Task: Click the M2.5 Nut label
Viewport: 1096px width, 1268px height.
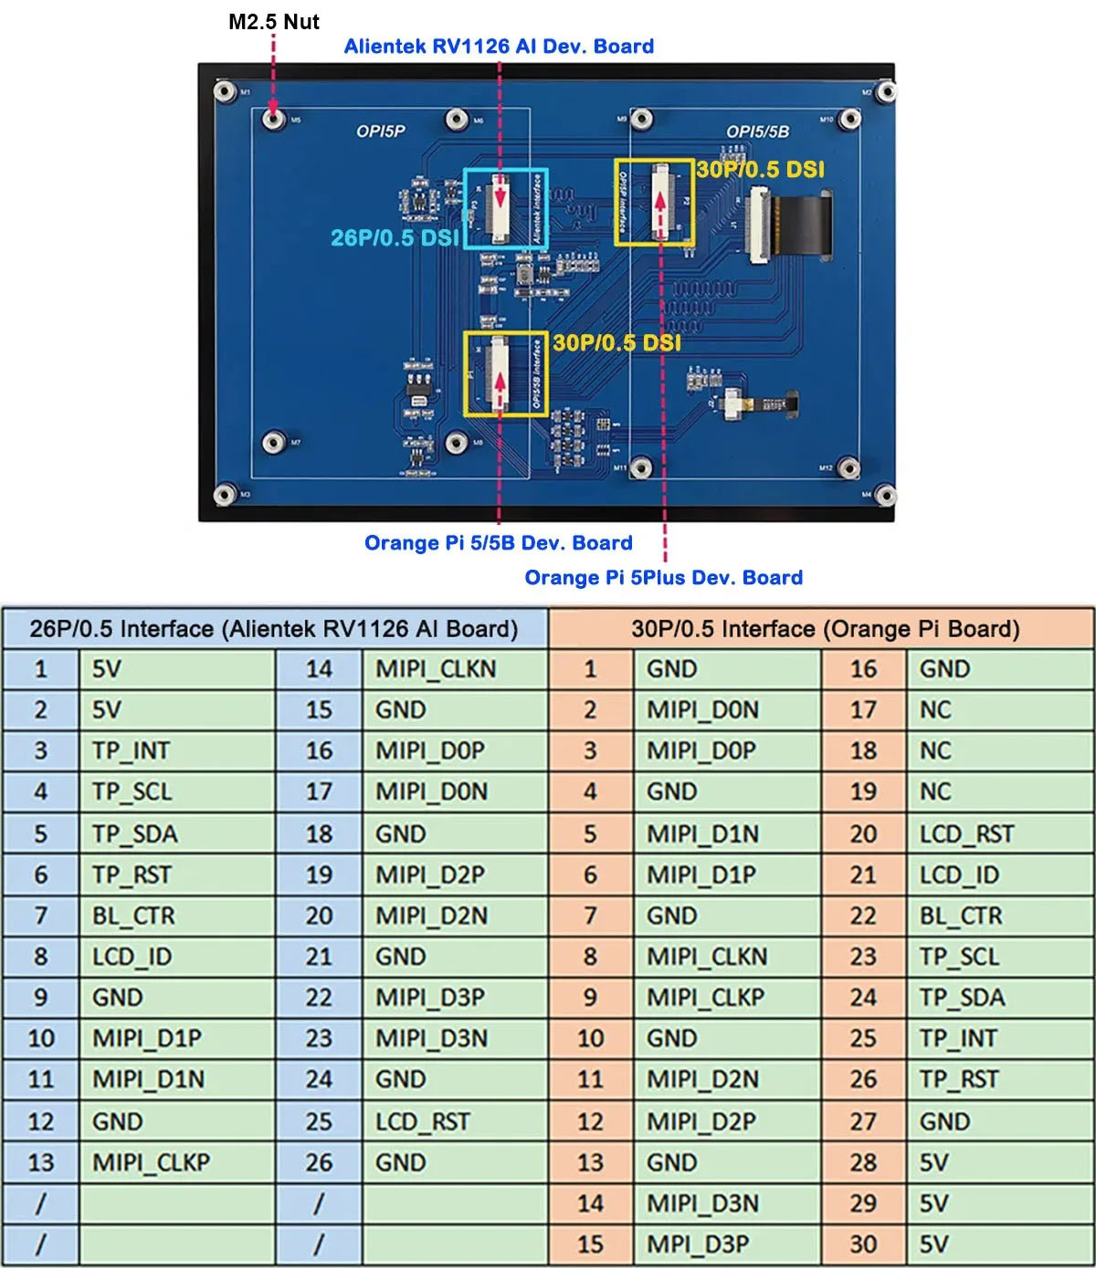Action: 273,22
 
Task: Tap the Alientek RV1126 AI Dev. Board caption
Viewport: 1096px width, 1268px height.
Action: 499,47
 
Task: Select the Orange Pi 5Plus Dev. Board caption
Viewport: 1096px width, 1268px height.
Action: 664,578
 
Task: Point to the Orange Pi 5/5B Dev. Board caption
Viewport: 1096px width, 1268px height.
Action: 499,543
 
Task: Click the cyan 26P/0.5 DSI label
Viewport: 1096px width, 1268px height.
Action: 395,237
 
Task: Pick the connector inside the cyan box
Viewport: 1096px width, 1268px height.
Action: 500,207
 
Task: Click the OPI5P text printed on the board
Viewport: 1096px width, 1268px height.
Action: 381,131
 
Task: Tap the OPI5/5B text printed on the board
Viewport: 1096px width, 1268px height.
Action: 757,131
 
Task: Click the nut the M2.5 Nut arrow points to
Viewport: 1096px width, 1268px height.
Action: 271,119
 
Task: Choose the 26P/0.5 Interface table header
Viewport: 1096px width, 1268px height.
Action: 274,629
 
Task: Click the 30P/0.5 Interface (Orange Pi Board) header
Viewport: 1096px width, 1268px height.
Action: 825,629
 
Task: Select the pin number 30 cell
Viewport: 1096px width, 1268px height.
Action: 863,1244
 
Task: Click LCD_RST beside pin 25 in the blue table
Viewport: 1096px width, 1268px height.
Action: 423,1121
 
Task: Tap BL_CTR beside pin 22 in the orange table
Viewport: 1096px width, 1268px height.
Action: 961,916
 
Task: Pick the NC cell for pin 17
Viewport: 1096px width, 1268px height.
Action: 935,710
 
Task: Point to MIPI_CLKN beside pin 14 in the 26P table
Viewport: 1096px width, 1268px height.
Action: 436,669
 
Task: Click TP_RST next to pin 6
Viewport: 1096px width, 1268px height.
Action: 132,875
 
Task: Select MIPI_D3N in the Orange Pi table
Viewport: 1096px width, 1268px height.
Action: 702,1203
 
